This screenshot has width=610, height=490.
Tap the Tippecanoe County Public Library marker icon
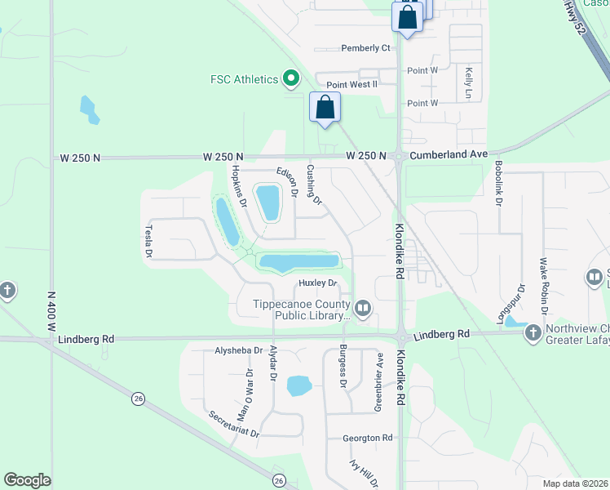(363, 309)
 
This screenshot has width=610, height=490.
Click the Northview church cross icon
(533, 332)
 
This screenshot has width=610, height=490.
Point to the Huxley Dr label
(317, 283)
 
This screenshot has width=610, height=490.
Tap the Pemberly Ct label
(365, 48)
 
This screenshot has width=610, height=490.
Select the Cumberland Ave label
(448, 154)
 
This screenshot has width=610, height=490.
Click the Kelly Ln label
(469, 83)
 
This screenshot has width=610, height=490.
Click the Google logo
(27, 480)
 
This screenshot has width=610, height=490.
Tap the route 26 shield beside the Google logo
(279, 480)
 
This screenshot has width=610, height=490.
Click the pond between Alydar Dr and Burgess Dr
(299, 385)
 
